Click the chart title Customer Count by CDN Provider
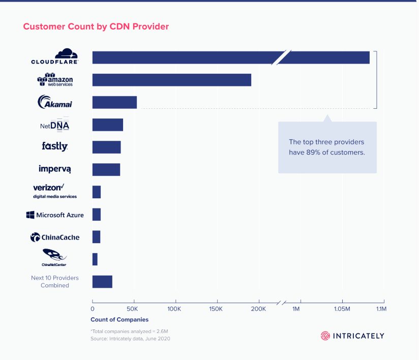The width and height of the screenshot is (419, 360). (x=96, y=26)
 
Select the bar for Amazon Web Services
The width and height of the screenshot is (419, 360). (x=171, y=80)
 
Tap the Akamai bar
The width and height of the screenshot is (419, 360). (x=114, y=102)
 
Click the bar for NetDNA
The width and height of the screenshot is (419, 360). (x=107, y=125)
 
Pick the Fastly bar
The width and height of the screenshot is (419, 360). (x=106, y=147)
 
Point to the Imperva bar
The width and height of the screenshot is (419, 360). (x=106, y=169)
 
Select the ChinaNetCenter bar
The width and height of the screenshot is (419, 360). (x=95, y=259)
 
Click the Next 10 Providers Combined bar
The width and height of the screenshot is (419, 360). (x=102, y=282)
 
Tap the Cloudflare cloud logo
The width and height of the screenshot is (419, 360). (x=66, y=53)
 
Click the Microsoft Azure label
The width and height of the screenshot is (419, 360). (x=55, y=215)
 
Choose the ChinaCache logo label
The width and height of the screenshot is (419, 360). (x=55, y=237)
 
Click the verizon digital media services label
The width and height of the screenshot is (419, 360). (x=55, y=191)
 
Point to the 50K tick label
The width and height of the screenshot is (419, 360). (x=134, y=309)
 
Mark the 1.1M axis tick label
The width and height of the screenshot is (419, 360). (x=381, y=309)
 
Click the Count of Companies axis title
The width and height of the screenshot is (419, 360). (x=119, y=320)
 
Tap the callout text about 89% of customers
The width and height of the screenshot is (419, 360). (x=326, y=147)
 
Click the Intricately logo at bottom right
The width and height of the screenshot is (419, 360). (x=352, y=336)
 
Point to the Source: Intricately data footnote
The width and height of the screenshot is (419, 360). (x=130, y=339)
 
